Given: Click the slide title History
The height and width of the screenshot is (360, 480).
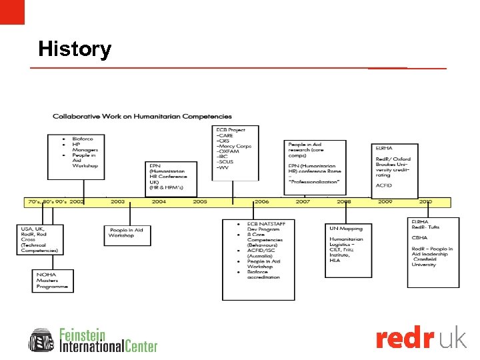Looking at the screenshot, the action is tap(75, 49).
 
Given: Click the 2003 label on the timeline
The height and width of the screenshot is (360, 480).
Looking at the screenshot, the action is tap(117, 201).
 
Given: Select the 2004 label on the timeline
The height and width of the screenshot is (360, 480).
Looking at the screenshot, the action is tap(159, 201).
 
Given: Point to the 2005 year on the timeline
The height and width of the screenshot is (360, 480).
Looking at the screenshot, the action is tap(200, 201).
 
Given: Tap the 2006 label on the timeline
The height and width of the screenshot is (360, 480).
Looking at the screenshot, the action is tap(261, 201).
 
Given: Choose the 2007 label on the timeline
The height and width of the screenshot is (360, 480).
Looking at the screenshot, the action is tap(303, 201).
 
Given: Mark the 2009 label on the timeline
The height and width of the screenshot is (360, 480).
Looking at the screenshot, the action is tap(385, 201).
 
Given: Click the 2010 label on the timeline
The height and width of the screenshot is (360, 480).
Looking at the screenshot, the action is tap(425, 201).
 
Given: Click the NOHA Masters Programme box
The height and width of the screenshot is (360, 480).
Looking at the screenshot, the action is tap(53, 281).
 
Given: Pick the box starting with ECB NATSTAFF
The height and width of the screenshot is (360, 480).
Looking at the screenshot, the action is tap(258, 259).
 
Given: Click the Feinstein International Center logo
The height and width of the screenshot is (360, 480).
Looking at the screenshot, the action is tap(93, 340).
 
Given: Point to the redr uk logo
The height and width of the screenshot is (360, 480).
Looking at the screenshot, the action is tap(421, 339).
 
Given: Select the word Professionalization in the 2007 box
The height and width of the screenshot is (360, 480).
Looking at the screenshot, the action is tap(315, 182).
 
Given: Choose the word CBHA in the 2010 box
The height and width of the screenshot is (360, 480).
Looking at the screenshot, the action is tap(420, 237).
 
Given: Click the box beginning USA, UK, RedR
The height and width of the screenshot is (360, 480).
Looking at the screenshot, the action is tap(41, 239).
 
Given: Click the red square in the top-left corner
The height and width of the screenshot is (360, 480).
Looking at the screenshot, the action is tap(12, 12).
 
